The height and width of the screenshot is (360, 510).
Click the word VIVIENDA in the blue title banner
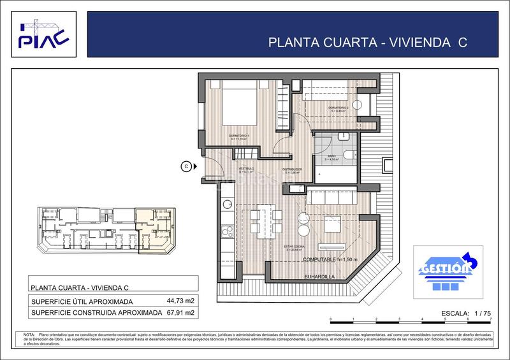421,43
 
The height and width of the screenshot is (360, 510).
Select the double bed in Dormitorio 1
241,103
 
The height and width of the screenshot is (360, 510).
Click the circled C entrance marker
186,166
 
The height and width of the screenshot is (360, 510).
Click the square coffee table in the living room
332,224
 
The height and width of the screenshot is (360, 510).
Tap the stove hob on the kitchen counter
226,231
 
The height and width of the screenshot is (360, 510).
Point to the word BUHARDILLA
320,276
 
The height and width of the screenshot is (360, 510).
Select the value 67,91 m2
180,313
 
